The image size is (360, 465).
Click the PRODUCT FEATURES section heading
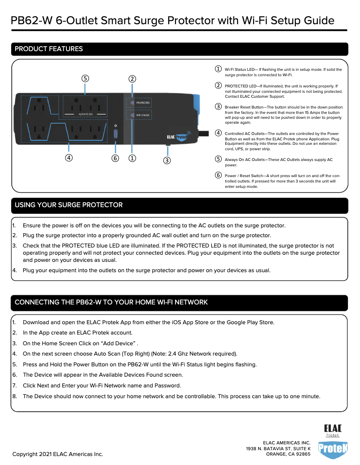pos(49,49)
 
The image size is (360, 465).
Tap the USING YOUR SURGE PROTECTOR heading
pos(69,205)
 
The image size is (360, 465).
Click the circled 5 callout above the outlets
pos(85,78)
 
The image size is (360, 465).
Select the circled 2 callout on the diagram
pos(132,78)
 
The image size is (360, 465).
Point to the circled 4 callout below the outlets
pos(69,158)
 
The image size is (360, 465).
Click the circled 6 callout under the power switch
pos(115,158)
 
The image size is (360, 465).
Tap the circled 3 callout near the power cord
pos(167,160)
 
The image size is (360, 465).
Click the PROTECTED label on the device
pos(143,103)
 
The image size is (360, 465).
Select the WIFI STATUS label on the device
pos(143,115)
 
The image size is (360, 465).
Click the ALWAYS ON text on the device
pos(85,114)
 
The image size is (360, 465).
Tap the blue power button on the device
pos(116,133)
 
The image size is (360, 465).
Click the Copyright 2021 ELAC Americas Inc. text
pos(58,454)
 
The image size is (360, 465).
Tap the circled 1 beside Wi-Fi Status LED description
pos(218,69)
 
